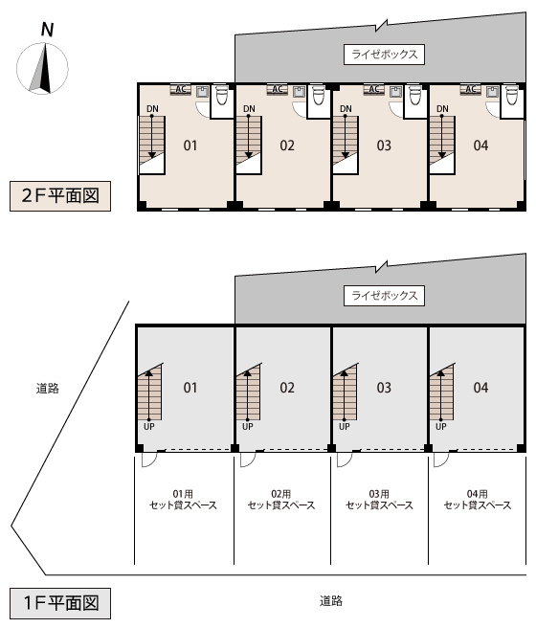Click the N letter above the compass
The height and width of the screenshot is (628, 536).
click(x=47, y=30)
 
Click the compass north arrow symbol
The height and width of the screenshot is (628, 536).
click(x=42, y=69)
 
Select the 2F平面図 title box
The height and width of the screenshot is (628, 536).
click(x=60, y=196)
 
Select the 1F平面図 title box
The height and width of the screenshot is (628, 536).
click(x=60, y=603)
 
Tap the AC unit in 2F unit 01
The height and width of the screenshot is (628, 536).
click(x=181, y=89)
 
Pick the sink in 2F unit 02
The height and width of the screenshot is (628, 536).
click(x=299, y=92)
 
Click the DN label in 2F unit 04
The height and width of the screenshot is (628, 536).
click(x=442, y=109)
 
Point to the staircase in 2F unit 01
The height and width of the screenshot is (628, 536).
click(x=152, y=145)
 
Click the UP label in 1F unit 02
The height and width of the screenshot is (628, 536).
click(x=248, y=427)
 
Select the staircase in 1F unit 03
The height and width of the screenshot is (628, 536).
click(x=346, y=392)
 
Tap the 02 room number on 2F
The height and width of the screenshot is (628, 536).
click(x=287, y=146)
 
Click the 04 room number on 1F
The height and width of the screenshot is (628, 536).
click(x=480, y=388)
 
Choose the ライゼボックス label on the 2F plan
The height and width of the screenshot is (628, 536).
click(x=384, y=55)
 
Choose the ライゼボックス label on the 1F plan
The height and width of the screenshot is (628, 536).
click(x=384, y=296)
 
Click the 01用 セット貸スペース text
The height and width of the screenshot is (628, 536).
click(x=183, y=500)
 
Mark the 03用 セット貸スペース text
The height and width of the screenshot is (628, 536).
click(x=379, y=500)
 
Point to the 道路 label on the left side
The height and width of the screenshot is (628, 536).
click(x=48, y=389)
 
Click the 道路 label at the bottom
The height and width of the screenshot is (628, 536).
click(x=331, y=601)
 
